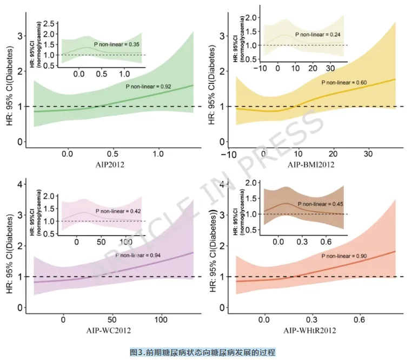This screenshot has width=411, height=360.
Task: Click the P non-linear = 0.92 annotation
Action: (148, 86)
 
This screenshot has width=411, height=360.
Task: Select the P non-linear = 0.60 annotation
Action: (344, 82)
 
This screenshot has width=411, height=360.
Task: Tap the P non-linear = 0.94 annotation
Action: (140, 255)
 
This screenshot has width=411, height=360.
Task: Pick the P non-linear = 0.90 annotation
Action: (345, 256)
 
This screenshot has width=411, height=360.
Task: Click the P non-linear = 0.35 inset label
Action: (118, 43)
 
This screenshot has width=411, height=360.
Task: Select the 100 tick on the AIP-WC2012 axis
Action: (162, 319)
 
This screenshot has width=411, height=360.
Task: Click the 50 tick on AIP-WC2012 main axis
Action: (112, 319)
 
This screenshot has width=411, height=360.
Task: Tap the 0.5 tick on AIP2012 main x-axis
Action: (113, 154)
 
